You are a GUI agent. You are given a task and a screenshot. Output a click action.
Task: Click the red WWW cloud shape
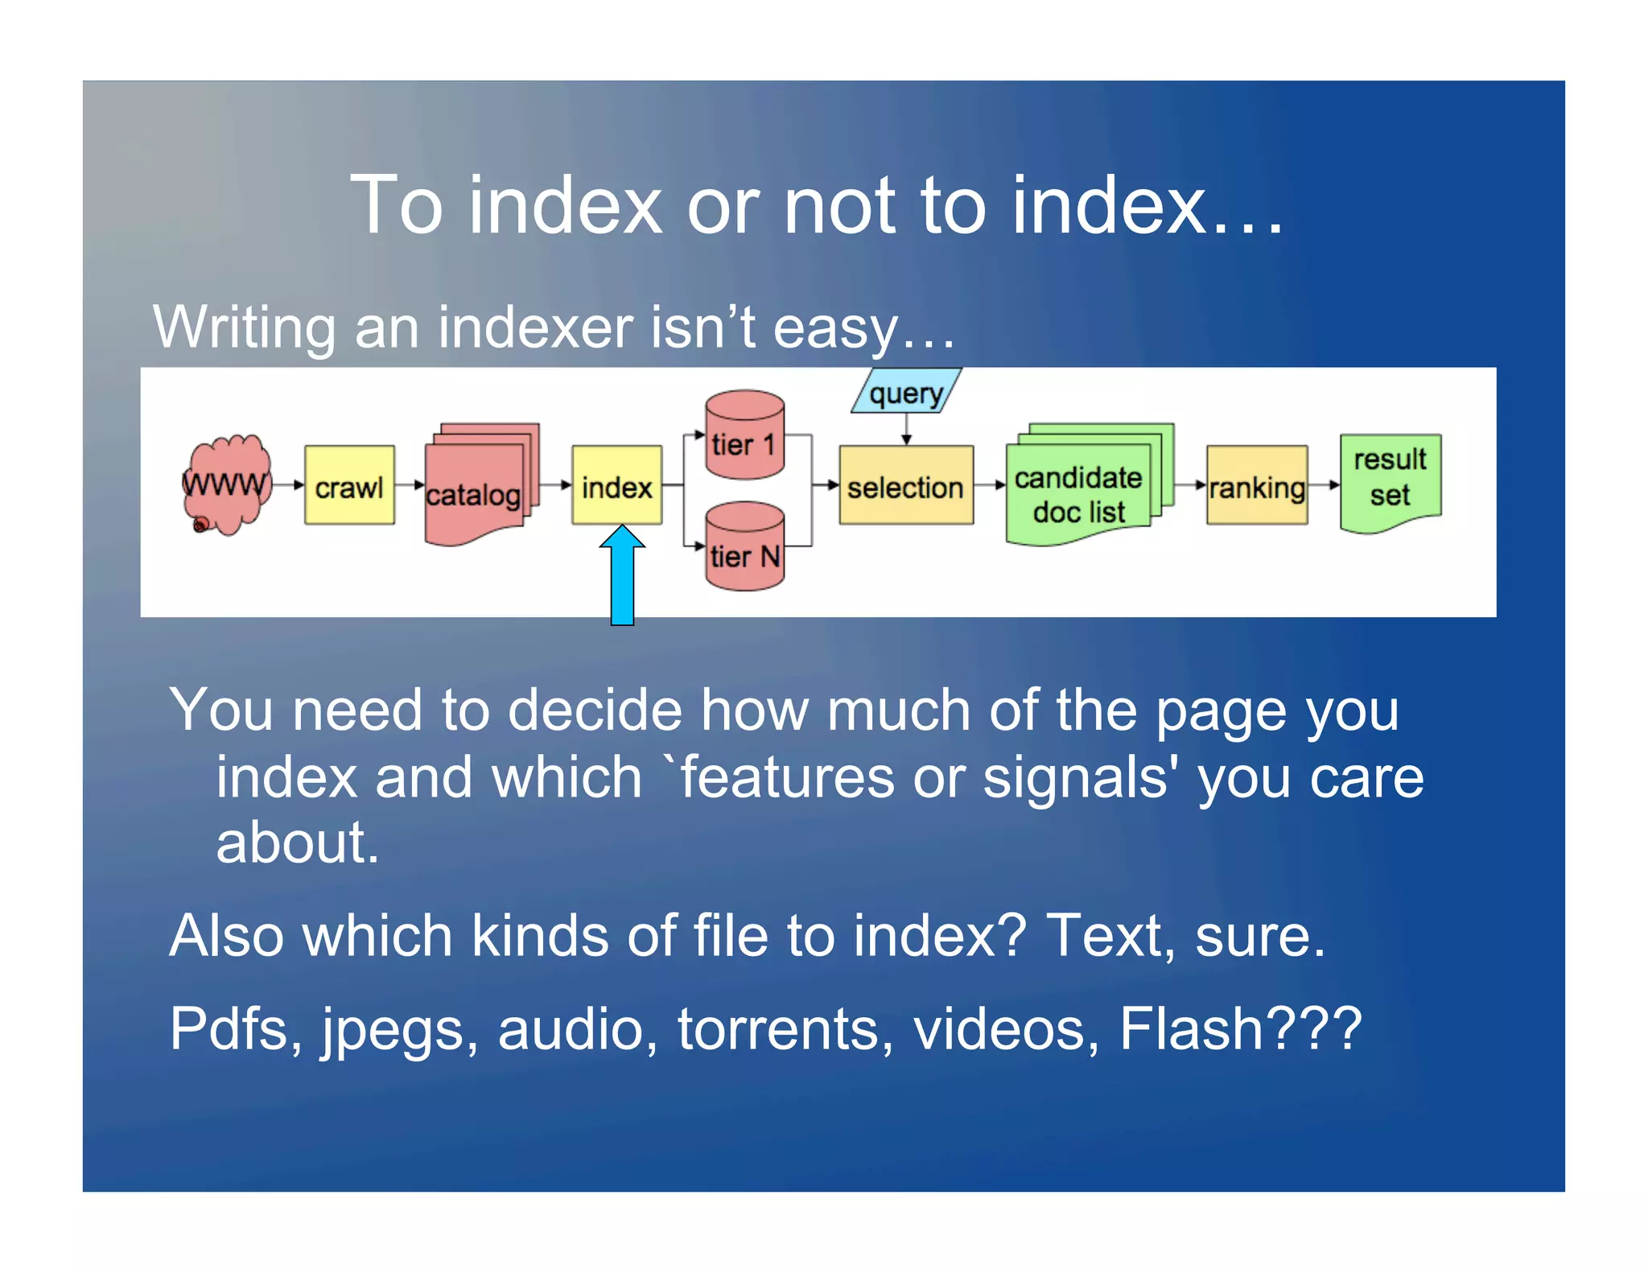click(x=227, y=485)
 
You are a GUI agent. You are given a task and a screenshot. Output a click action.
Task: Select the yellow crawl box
click(x=349, y=485)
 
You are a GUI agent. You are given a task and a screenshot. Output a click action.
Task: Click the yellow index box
click(x=616, y=485)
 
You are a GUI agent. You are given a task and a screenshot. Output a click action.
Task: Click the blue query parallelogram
click(x=906, y=392)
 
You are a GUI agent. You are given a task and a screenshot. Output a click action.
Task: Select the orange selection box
click(x=906, y=485)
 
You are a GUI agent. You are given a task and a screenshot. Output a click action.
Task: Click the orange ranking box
click(x=1256, y=485)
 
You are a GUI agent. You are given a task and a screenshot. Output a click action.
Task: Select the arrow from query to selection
click(x=906, y=429)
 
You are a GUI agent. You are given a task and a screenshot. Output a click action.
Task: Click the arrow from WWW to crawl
click(x=289, y=485)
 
